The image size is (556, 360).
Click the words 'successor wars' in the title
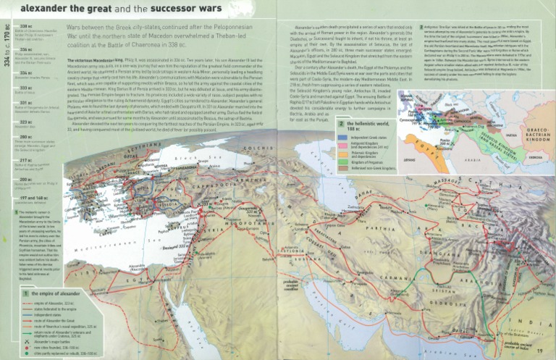point(157,9)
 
